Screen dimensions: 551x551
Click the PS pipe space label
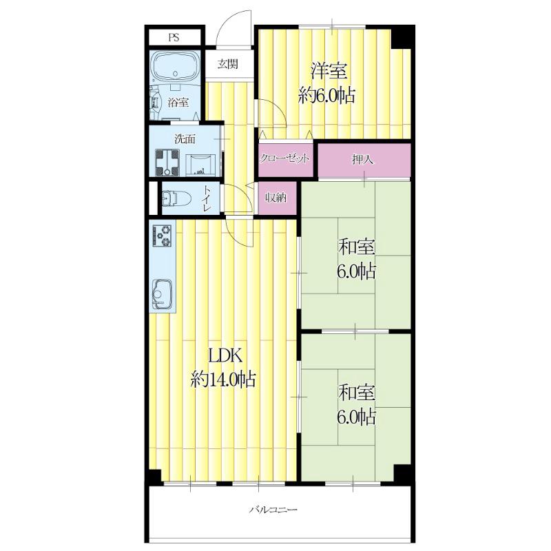click(174, 37)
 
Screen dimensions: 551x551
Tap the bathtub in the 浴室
click(175, 67)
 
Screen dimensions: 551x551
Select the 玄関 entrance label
click(228, 64)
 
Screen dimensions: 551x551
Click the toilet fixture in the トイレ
click(177, 199)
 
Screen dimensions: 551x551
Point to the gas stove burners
click(162, 235)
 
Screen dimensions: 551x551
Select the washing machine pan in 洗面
click(167, 163)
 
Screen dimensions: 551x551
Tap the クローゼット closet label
click(284, 158)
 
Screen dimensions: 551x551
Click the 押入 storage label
click(363, 160)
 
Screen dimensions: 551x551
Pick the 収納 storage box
click(276, 198)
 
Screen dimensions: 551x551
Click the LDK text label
click(225, 356)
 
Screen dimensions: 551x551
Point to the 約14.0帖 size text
click(223, 380)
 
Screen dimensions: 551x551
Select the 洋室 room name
click(329, 71)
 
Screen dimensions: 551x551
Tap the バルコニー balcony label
click(273, 510)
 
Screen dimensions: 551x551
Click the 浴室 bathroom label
click(178, 103)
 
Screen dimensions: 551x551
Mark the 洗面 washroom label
click(185, 139)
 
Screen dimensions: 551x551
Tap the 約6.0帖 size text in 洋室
click(326, 95)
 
